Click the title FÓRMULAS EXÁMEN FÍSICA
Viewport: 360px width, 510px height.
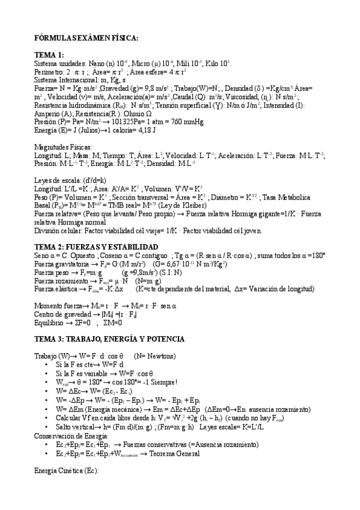(87, 38)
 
